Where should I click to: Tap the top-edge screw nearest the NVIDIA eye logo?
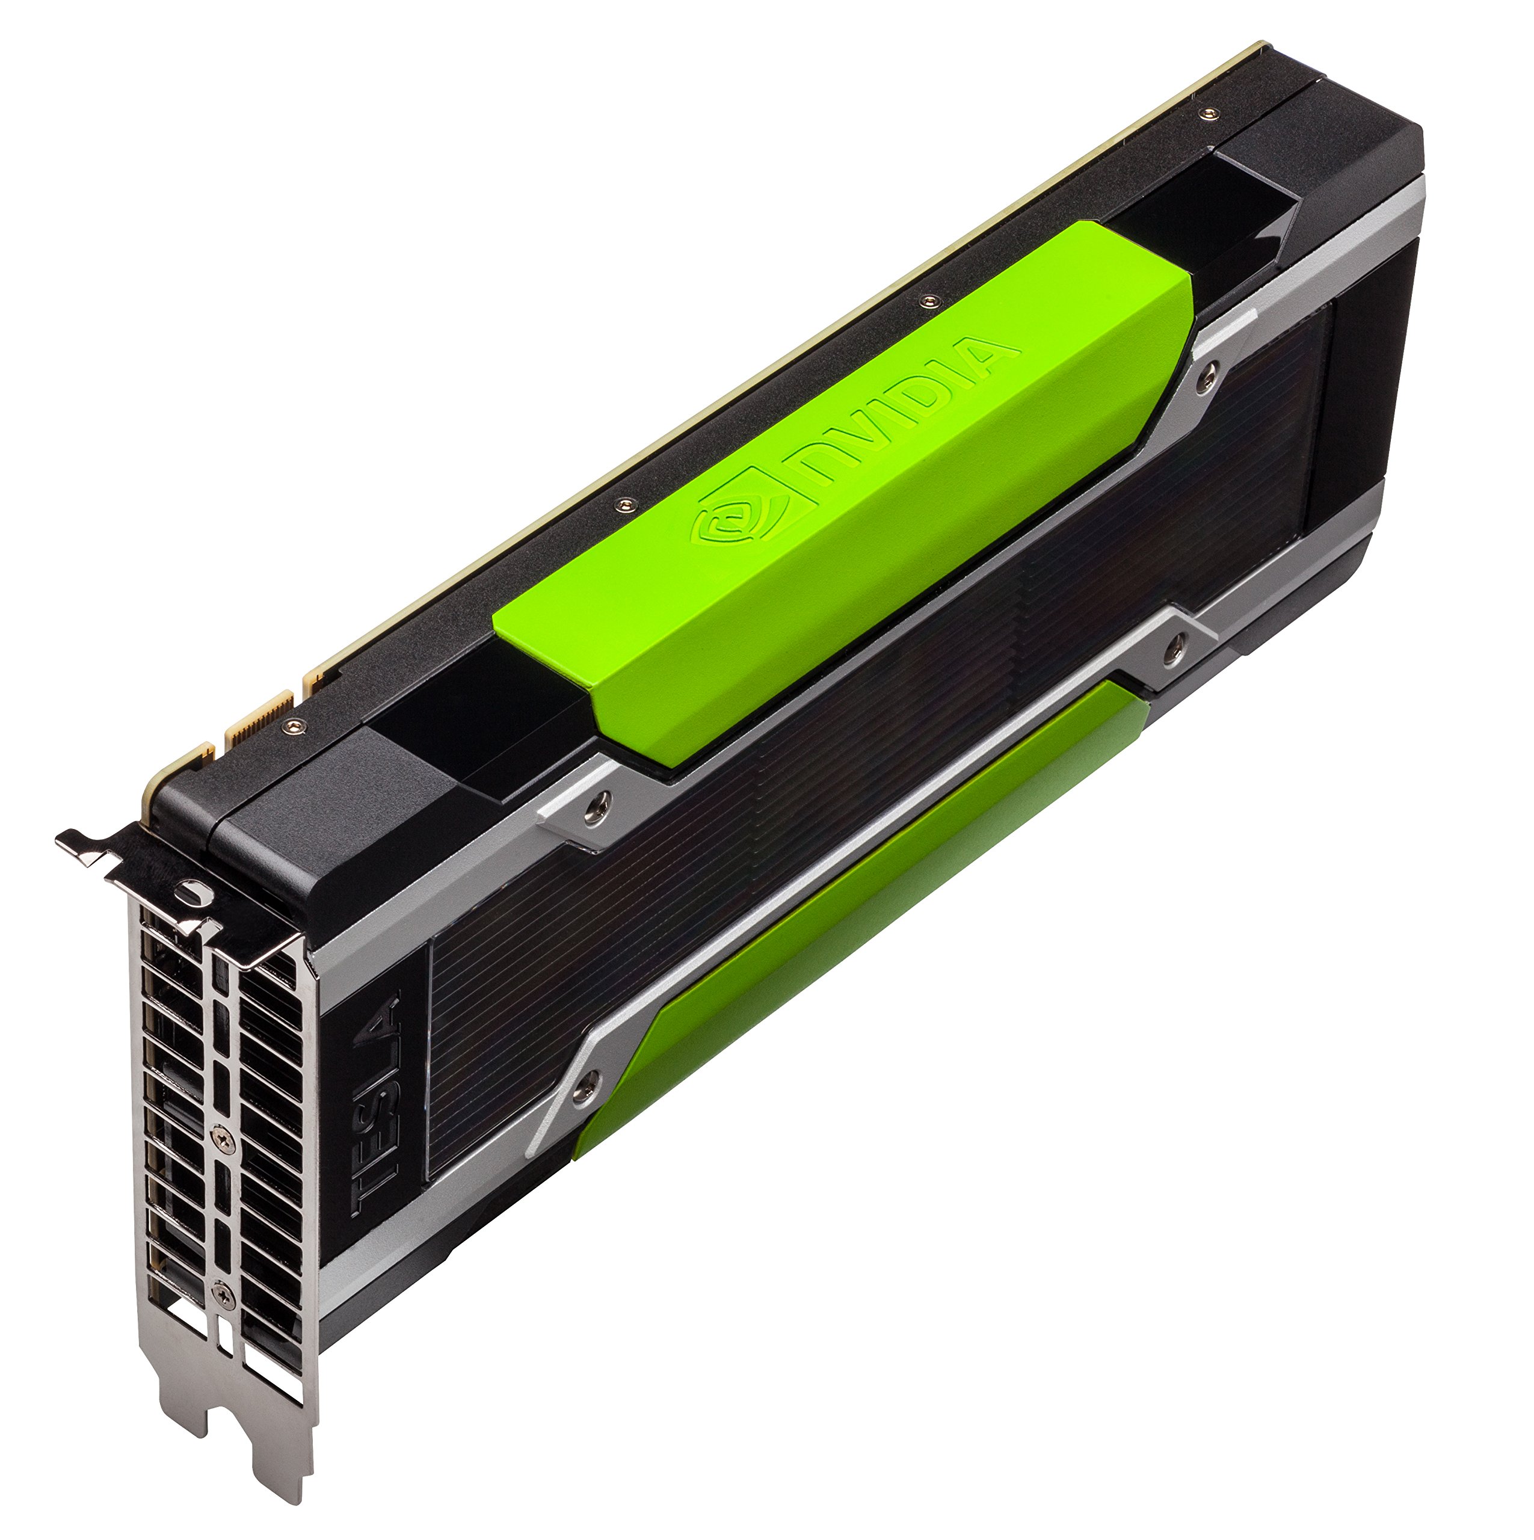(x=626, y=504)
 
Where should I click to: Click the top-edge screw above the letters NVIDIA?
(x=926, y=301)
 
